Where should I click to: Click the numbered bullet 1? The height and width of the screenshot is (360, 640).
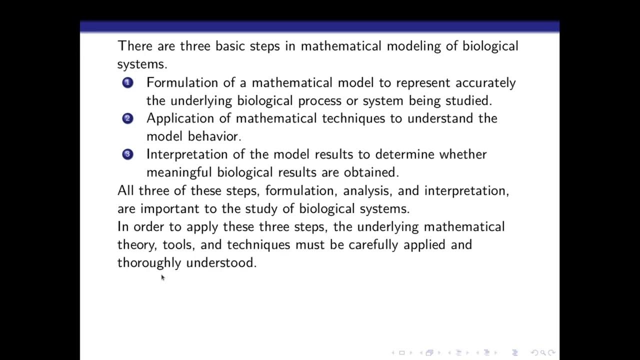point(127,82)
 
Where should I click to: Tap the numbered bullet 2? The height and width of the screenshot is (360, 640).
point(127,118)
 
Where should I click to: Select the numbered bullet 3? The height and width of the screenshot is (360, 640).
point(127,154)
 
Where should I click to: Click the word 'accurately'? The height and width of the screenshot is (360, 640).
point(485,82)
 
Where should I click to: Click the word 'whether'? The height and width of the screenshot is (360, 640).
point(462,154)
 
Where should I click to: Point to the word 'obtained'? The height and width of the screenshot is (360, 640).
point(371,172)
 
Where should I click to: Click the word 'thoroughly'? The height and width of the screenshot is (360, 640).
point(149,263)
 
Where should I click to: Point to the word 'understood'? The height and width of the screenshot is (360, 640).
point(221,263)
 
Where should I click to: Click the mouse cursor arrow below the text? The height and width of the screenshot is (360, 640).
point(162,277)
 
